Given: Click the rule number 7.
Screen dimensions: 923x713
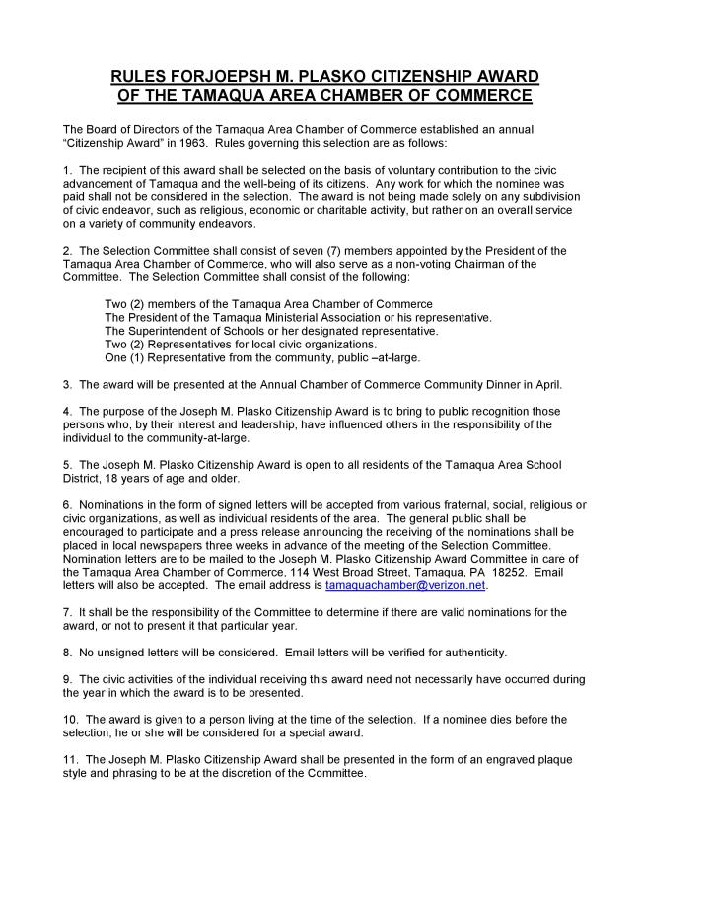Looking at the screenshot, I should [66, 612].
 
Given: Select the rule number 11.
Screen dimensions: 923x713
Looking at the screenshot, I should [70, 759].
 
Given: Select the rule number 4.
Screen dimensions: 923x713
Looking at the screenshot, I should [66, 411].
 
